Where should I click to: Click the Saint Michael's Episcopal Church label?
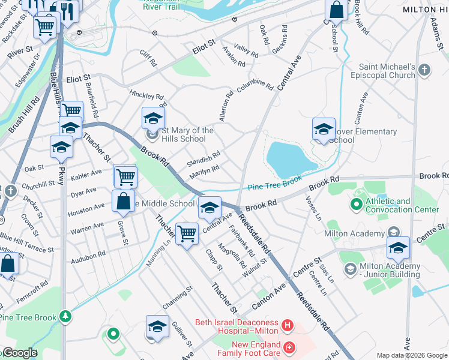point(387,71)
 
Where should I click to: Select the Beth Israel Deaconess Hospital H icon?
point(288,326)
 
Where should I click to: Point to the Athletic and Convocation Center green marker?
point(356,205)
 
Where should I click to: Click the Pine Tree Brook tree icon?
point(65,316)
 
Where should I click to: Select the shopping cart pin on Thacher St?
point(187,232)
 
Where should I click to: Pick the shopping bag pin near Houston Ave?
point(123,202)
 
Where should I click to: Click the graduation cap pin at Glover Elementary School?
point(324,129)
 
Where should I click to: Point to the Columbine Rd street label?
point(251,86)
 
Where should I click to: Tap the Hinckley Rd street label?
point(146,95)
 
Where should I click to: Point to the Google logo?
point(19,353)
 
